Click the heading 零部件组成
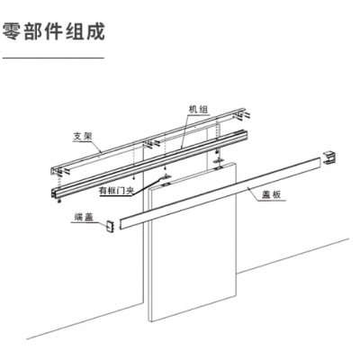pos(53,31)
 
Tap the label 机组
pos(198,110)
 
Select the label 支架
pos(83,137)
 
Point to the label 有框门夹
pos(116,191)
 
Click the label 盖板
pos(271,195)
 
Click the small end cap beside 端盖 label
pos(110,226)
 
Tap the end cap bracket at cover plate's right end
pos(330,157)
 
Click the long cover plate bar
pos(220,193)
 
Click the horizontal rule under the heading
pos(53,58)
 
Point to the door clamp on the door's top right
pos(219,162)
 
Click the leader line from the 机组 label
pos(184,131)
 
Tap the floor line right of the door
pos(292,256)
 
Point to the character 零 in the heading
pos(12,31)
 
